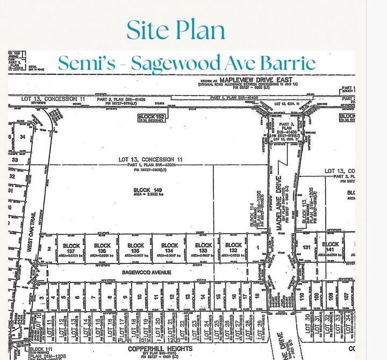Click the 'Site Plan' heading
[x=176, y=30]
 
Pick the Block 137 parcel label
[x=70, y=249]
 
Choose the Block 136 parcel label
[x=103, y=249]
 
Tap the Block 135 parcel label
[x=136, y=249]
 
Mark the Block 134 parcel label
[x=169, y=249]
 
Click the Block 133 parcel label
[x=203, y=249]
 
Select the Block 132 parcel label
[x=233, y=249]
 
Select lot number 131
[x=306, y=247]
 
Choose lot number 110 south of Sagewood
[x=303, y=297]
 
